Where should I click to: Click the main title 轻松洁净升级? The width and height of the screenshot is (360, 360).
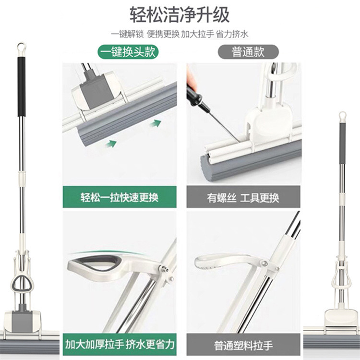pyautogui.click(x=180, y=14)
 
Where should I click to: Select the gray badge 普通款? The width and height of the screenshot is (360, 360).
pyautogui.click(x=248, y=52)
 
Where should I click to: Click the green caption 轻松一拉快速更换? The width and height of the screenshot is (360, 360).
pyautogui.click(x=120, y=197)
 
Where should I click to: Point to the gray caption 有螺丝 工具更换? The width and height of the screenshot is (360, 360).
pyautogui.click(x=243, y=197)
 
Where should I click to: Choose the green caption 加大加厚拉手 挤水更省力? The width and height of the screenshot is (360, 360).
pyautogui.click(x=120, y=345)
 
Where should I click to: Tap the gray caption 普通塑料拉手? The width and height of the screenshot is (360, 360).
pyautogui.click(x=243, y=345)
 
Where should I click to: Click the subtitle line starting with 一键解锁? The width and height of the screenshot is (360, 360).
pyautogui.click(x=180, y=35)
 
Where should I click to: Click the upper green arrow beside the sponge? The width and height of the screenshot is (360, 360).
pyautogui.click(x=155, y=123)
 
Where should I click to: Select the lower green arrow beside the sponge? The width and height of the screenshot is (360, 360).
pyautogui.click(x=113, y=142)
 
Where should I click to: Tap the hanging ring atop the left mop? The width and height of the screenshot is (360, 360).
pyautogui.click(x=20, y=48)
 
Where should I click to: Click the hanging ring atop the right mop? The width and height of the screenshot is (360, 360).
pyautogui.click(x=342, y=116)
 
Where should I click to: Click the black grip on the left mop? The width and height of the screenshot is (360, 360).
pyautogui.click(x=21, y=86)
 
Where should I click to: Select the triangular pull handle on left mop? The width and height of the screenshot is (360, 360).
pyautogui.click(x=21, y=284)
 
